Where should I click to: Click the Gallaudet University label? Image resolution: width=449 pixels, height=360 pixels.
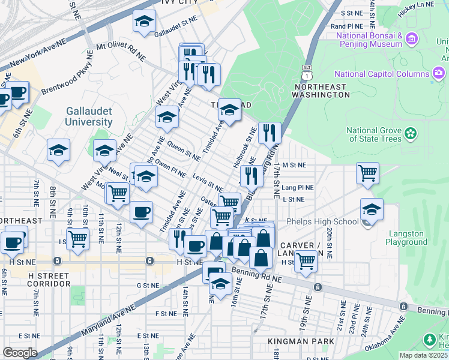[x=89, y=117]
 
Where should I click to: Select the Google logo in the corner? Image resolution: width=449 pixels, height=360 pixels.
[x=20, y=353]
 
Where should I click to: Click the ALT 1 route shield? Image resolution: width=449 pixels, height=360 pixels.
[x=308, y=72]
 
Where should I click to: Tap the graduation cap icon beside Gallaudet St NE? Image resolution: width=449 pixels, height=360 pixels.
[x=144, y=23]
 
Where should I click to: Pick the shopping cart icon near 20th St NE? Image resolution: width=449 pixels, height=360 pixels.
[x=367, y=174]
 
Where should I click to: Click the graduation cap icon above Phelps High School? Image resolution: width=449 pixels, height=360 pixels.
[x=372, y=210]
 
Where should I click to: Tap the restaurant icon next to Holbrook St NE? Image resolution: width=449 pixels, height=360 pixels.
[x=270, y=133]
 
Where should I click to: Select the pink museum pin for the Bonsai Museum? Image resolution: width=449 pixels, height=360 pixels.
[x=411, y=40]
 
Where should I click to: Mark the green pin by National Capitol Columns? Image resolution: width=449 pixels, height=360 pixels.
[x=439, y=74]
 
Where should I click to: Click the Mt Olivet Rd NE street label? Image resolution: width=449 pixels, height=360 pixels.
[x=121, y=50]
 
